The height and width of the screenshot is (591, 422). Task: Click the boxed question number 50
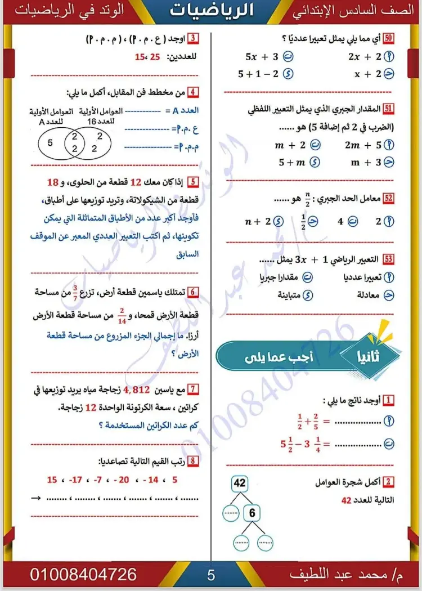point(388,39)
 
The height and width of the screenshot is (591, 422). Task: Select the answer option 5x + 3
point(262,56)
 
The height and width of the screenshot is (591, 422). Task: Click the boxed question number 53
point(388,259)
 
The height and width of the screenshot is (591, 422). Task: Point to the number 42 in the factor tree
point(240,483)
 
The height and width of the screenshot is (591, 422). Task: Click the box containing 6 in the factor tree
point(252,513)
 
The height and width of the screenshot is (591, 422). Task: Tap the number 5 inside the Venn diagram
point(50,143)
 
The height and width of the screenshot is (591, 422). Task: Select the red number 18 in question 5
point(52,183)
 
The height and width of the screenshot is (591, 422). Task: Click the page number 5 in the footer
point(211,575)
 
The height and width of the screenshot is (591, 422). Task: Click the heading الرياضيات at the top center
point(212,10)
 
